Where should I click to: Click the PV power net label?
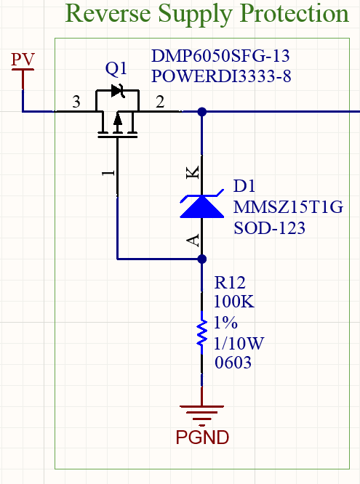[23, 59]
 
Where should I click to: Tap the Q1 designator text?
[116, 68]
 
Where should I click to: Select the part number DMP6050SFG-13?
[220, 56]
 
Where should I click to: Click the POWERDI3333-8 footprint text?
[221, 76]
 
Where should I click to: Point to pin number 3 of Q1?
[76, 102]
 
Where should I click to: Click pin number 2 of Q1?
[160, 102]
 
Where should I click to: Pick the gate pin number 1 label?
[108, 172]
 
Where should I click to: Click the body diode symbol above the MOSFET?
[118, 91]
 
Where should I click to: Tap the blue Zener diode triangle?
[201, 206]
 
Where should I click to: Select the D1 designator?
[244, 186]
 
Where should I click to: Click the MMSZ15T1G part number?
[288, 207]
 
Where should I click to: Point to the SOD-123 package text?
[269, 228]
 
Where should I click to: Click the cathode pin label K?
[193, 172]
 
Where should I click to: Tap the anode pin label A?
[193, 240]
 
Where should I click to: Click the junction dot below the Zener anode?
[201, 259]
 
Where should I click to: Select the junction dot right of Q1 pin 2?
[201, 111]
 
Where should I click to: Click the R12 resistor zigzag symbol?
[201, 333]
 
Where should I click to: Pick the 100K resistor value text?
[234, 302]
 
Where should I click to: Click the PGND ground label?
[202, 437]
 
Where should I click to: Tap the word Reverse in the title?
[108, 14]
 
